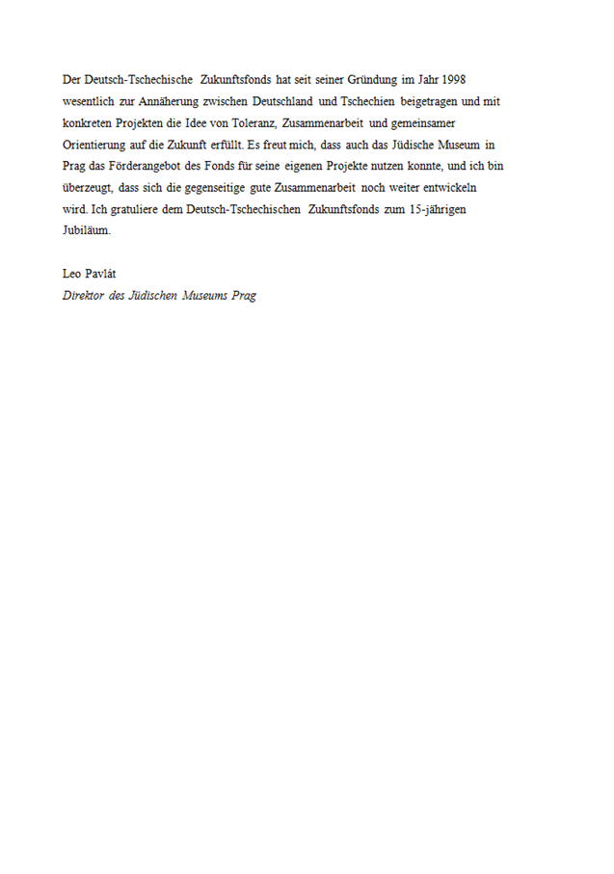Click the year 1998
[x=450, y=79]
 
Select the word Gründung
[x=360, y=79]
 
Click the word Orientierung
[x=95, y=145]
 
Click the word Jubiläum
[x=87, y=231]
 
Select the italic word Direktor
[x=83, y=296]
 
